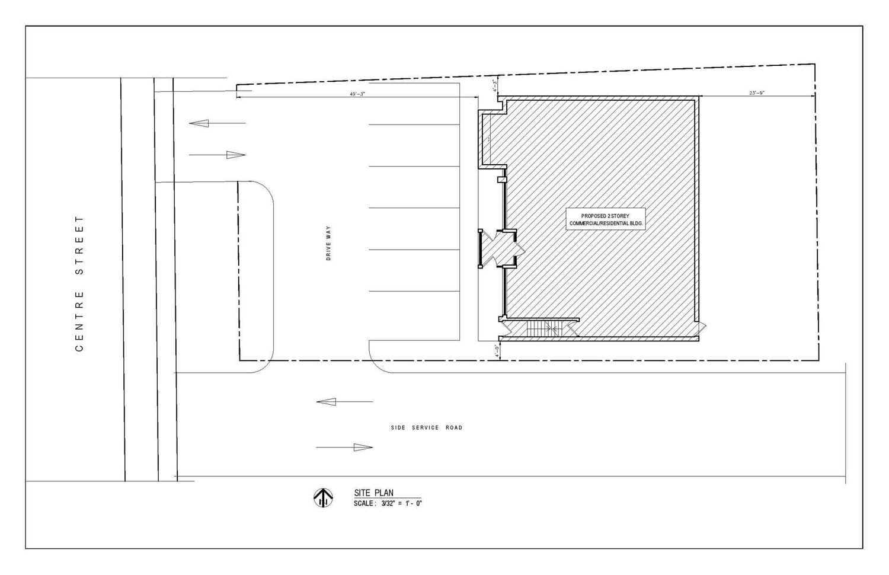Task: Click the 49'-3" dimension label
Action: [357, 94]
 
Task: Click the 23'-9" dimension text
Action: [757, 93]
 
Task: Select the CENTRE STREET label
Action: [79, 283]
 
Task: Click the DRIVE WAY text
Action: [328, 243]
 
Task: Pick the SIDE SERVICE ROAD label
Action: [426, 427]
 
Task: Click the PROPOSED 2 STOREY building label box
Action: [605, 219]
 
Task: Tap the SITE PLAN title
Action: [373, 493]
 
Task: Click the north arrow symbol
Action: [323, 497]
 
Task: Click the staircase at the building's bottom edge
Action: [540, 328]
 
